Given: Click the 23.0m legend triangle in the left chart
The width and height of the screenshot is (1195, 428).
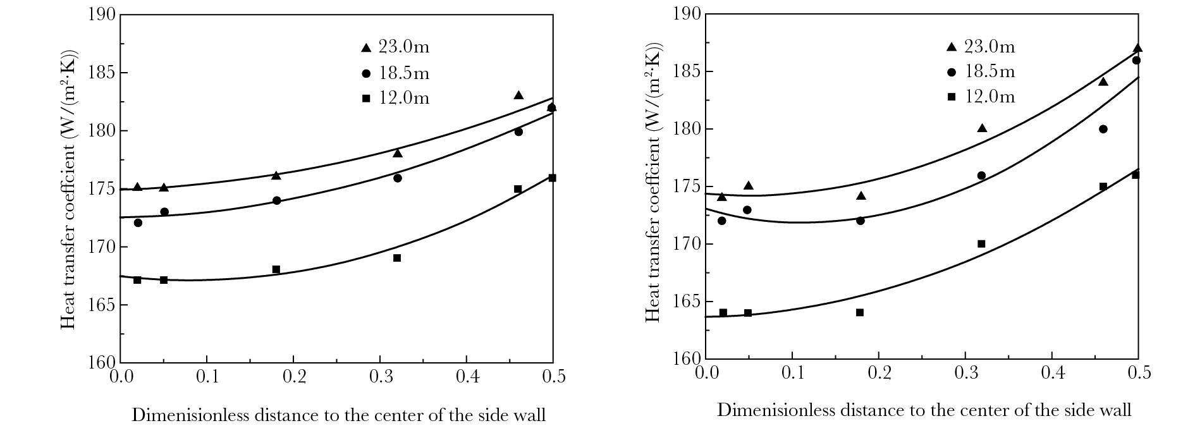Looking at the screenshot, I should coord(365,48).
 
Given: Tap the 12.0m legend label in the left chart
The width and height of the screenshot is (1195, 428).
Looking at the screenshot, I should coord(404,99).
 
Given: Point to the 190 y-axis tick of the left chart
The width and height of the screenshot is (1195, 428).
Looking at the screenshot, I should coord(104,15).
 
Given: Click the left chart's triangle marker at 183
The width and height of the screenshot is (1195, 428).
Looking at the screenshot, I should coord(518,95).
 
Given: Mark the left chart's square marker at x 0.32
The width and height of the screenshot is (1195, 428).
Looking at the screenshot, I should coord(397,258).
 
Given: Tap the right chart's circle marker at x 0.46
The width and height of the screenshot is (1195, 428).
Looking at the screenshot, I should coord(1103,129).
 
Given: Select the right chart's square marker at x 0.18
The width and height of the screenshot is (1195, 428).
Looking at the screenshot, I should coord(859,312).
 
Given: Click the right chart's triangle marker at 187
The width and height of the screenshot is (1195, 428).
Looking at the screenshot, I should coord(1137,48).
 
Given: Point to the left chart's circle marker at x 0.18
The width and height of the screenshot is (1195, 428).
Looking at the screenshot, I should coord(276,200).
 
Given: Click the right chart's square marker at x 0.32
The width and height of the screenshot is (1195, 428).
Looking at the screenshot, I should coord(981,243).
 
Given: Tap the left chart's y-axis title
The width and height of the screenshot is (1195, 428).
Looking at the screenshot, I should coord(68,188).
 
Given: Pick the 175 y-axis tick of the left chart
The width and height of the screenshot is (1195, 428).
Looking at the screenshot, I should coord(104,189).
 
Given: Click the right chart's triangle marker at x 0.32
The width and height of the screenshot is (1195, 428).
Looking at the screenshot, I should coord(982,128).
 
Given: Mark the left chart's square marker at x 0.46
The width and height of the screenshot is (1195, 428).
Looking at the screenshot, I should coord(518,189).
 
